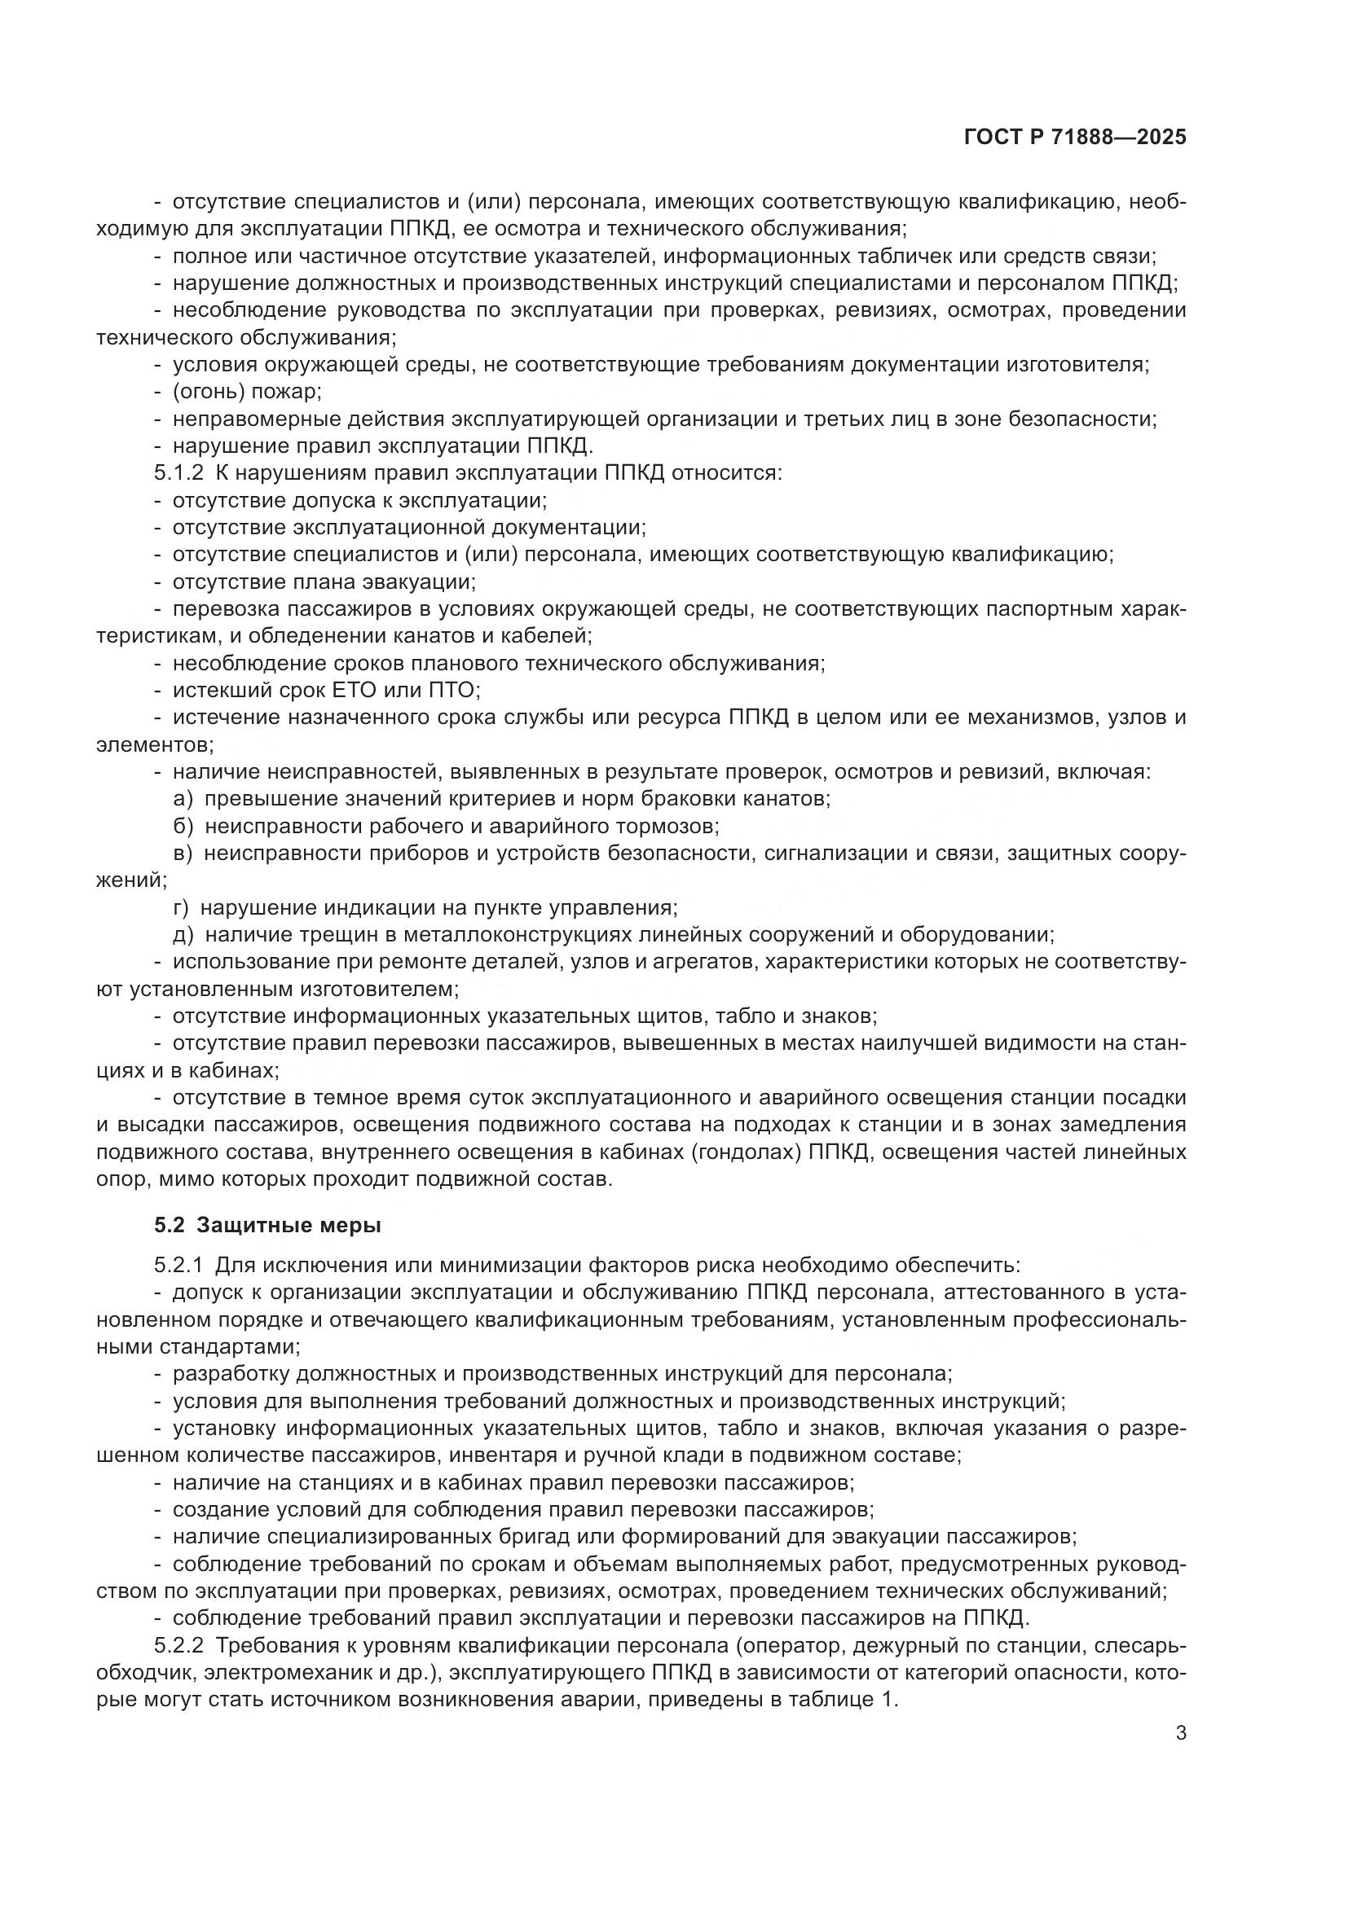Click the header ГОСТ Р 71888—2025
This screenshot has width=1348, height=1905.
(x=1074, y=138)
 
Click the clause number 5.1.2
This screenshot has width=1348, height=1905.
(x=178, y=473)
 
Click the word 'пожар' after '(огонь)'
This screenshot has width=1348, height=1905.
(x=286, y=392)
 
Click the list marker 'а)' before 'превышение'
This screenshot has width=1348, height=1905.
(x=183, y=799)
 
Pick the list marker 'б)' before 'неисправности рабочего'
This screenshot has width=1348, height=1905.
(x=183, y=827)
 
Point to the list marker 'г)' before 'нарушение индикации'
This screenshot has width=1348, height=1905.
(x=181, y=907)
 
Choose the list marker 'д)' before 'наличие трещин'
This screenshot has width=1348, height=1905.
(x=183, y=935)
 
